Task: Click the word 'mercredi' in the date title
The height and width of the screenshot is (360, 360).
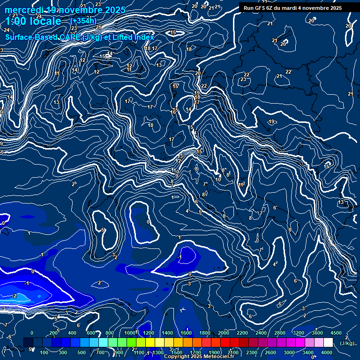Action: point(24,10)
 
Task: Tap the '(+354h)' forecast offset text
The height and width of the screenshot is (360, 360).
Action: point(83,21)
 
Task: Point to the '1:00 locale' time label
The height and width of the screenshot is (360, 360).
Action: point(33,21)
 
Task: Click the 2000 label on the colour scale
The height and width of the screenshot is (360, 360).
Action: point(224,333)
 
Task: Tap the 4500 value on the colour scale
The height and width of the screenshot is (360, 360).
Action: point(336,333)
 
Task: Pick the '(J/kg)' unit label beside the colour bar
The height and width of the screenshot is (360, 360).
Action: point(347,343)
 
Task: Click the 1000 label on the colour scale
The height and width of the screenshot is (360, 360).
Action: point(129,333)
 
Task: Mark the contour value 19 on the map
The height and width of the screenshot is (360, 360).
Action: point(271,122)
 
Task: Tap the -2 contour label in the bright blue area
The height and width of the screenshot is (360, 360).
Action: point(15,296)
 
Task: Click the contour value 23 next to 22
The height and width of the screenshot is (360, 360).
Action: point(243,80)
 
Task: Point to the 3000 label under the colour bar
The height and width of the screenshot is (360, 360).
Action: point(289,352)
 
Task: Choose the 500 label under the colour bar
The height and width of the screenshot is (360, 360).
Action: point(82,352)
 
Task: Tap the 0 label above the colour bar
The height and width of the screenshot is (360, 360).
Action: point(32,333)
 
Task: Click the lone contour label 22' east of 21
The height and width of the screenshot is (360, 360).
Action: point(289,72)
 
